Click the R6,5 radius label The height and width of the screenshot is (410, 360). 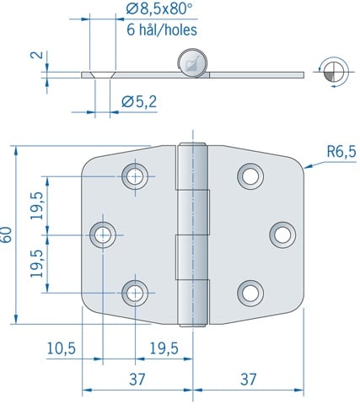click(x=341, y=152)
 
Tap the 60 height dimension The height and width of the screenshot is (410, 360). click(x=7, y=235)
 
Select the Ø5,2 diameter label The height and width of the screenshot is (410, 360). click(x=139, y=102)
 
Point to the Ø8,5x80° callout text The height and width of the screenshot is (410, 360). click(x=159, y=9)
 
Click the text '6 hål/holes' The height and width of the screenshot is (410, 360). click(x=162, y=30)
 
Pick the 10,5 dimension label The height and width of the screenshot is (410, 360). click(x=61, y=348)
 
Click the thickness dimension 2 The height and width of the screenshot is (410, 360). click(x=37, y=55)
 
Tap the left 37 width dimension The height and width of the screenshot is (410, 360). click(x=137, y=379)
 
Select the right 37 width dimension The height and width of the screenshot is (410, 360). click(x=248, y=379)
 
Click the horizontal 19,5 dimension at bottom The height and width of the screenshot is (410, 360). click(x=164, y=348)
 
